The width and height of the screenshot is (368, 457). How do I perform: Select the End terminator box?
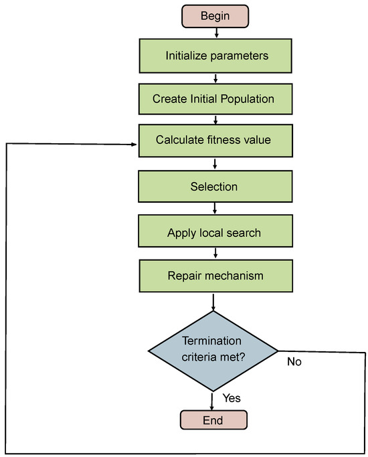coord(214,420)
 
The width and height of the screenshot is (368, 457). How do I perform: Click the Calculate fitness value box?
coord(213,141)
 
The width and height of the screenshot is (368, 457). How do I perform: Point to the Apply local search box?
coord(213,233)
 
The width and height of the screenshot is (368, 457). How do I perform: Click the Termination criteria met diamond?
coord(213,351)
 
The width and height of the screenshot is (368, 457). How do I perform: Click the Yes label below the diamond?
coord(232,398)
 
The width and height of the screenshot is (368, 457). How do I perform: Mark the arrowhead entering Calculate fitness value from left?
coord(134,144)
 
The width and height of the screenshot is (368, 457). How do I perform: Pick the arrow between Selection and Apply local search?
coord(215,209)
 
